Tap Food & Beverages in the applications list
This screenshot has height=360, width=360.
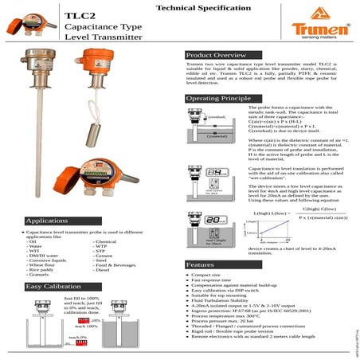116,265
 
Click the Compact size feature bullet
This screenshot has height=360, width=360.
205,275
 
